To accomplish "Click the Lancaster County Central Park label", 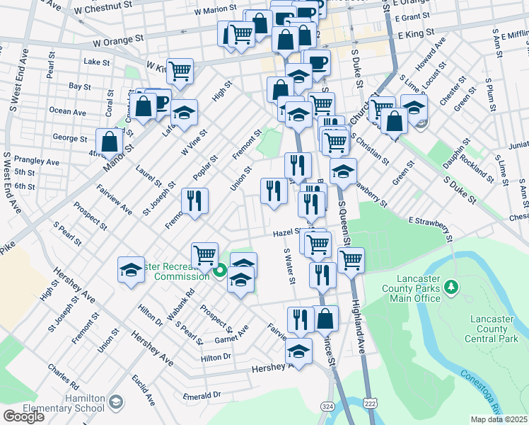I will [491, 329].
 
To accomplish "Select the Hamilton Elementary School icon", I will [115, 404].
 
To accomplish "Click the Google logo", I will [23, 416].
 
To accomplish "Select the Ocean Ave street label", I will [68, 112].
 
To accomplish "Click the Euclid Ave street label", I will [143, 390].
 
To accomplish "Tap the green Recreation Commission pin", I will [220, 270].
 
